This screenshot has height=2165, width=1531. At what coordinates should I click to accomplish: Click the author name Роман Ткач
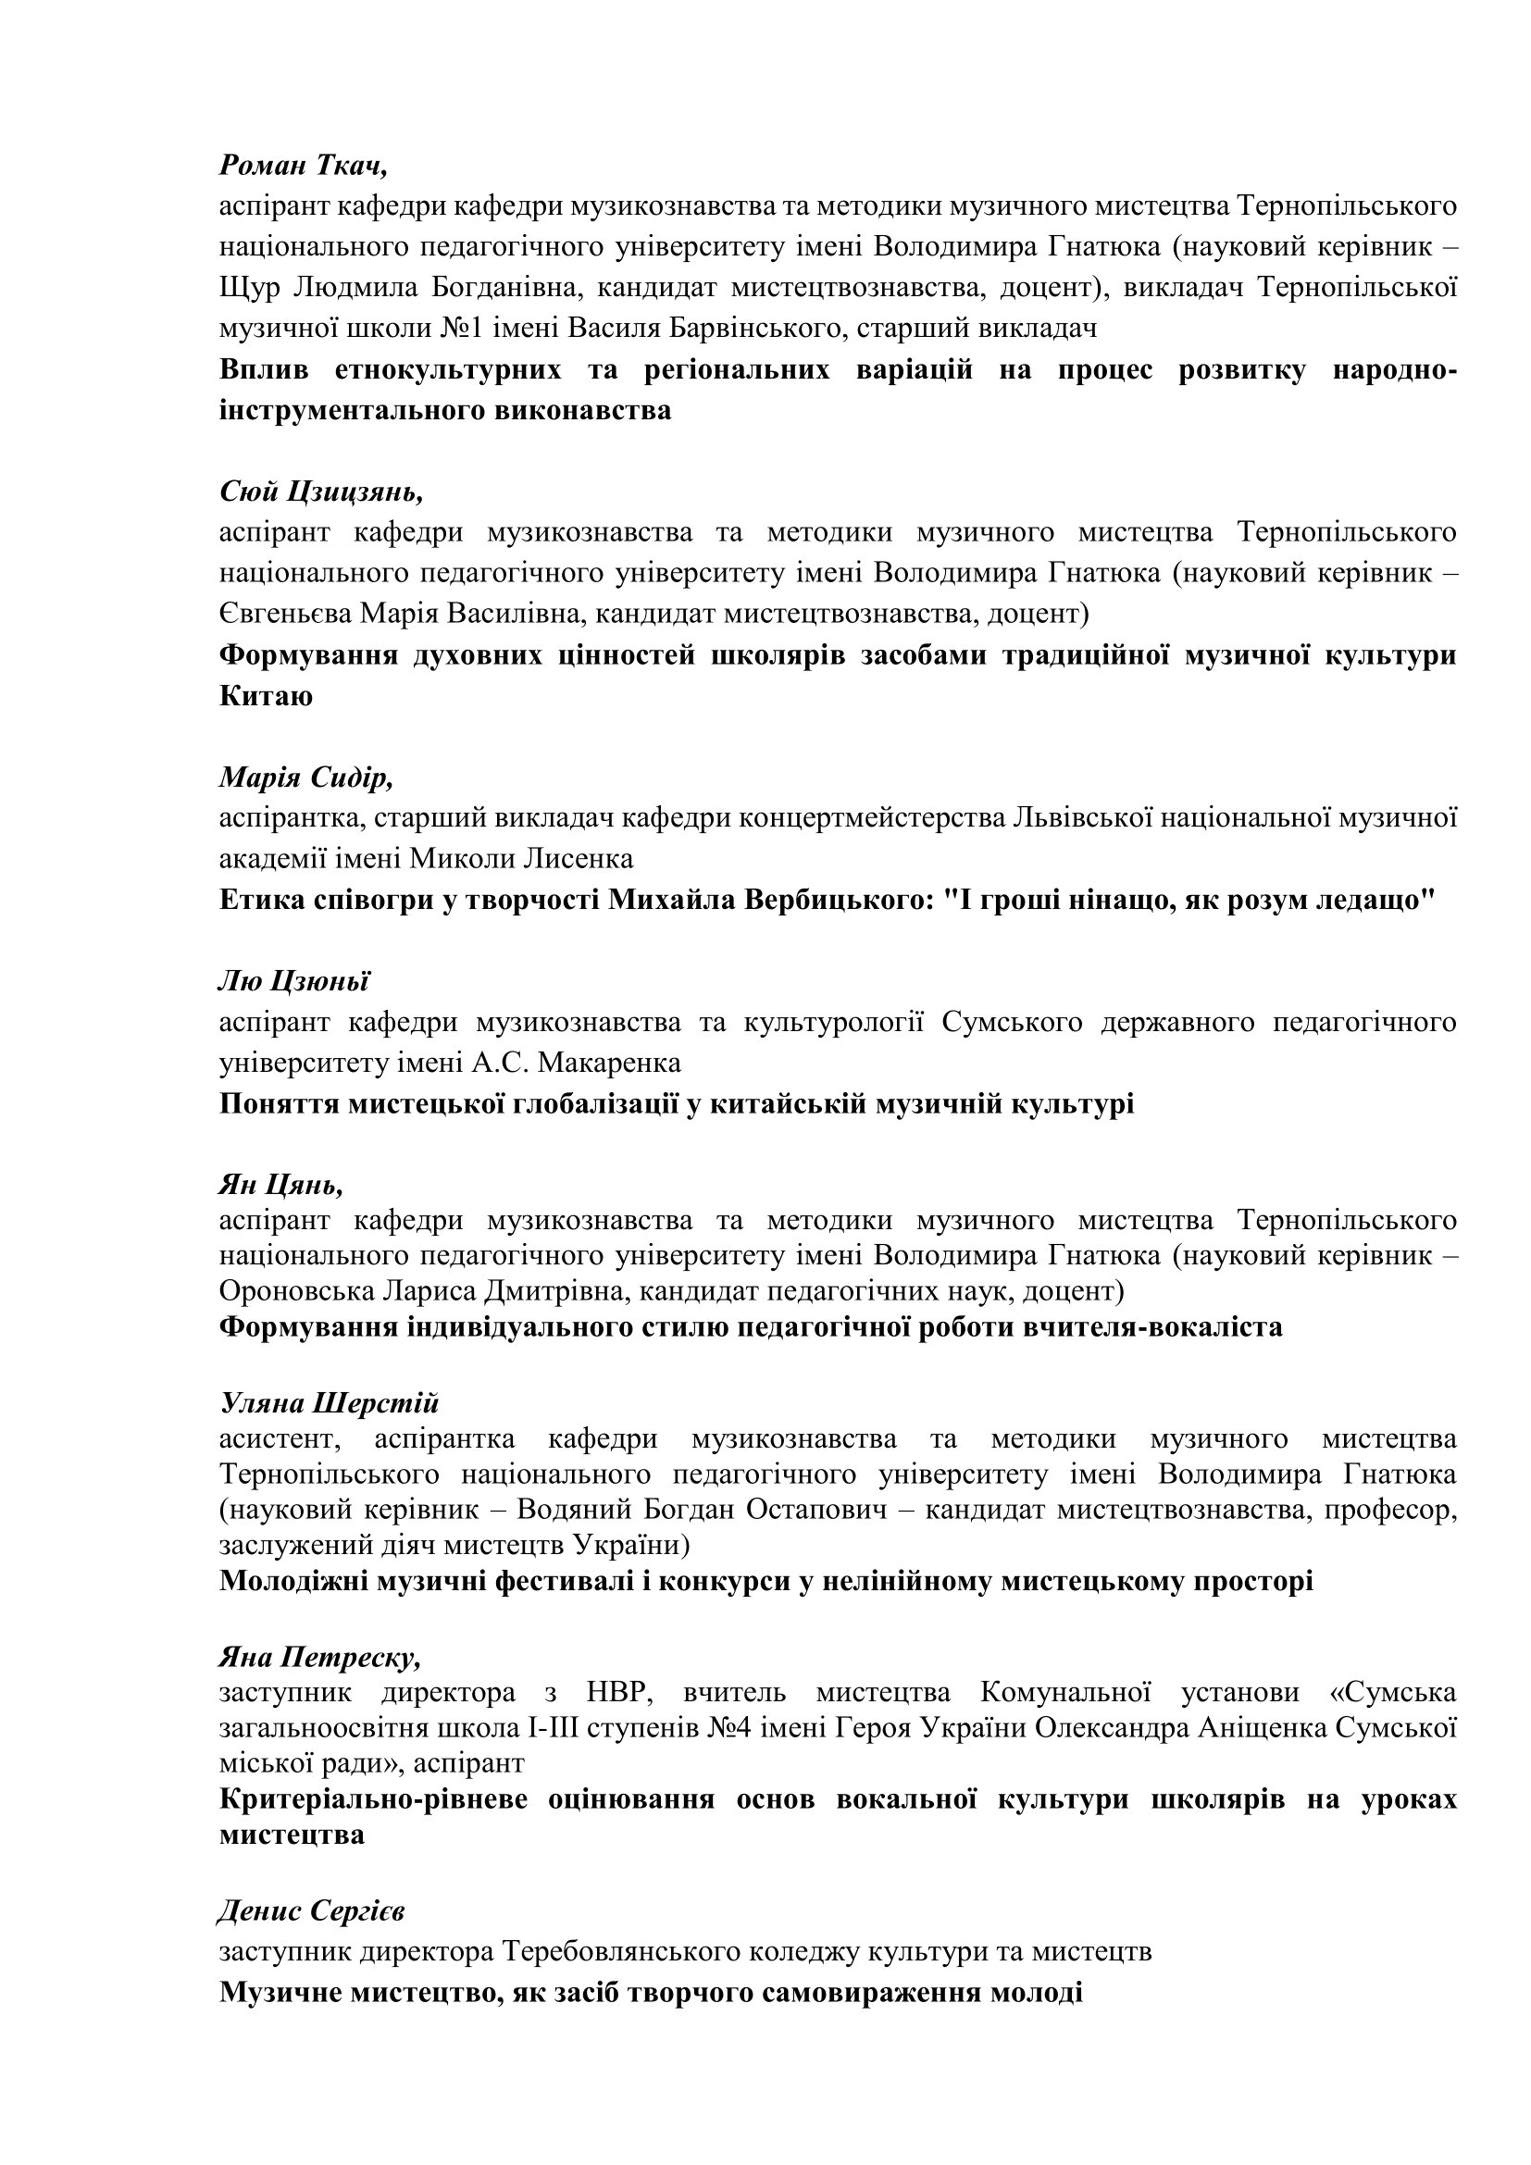tap(304, 166)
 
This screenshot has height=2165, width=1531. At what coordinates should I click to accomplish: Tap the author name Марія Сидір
tap(305, 778)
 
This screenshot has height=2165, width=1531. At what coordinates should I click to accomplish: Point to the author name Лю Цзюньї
tap(294, 981)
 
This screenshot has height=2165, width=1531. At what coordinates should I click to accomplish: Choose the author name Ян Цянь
tap(281, 1184)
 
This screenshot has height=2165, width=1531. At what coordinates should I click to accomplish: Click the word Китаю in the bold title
tap(266, 697)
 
